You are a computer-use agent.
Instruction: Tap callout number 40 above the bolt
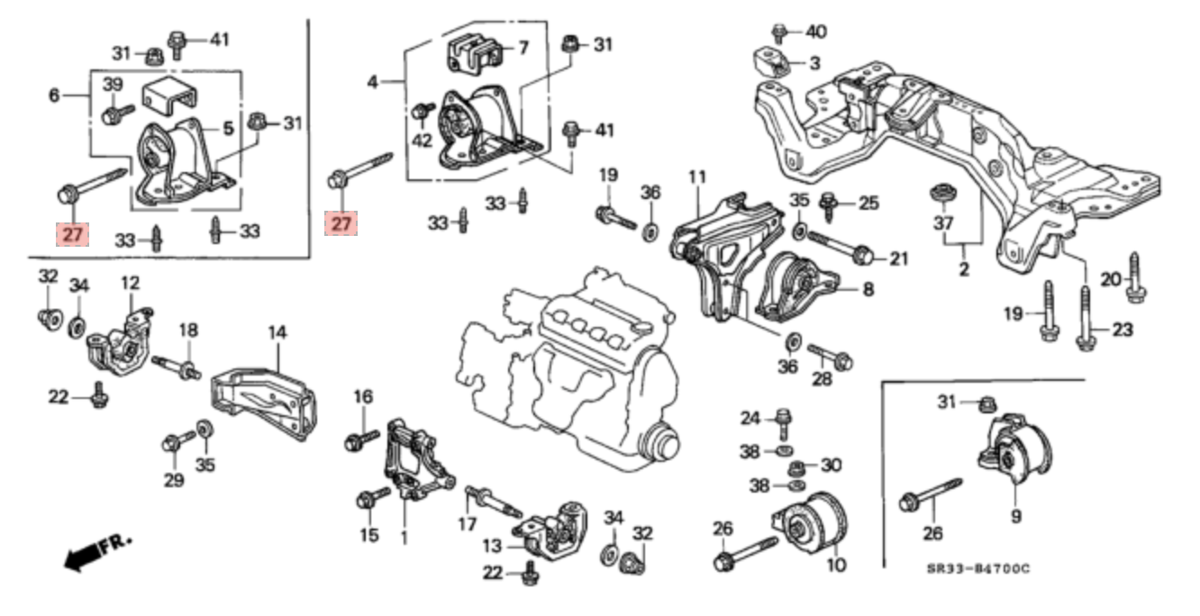pyautogui.click(x=816, y=32)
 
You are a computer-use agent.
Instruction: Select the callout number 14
pyautogui.click(x=277, y=332)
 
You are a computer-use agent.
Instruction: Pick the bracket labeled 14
pyautogui.click(x=261, y=401)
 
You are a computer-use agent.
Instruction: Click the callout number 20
pyautogui.click(x=1111, y=279)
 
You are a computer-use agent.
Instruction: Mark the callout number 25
pyautogui.click(x=868, y=204)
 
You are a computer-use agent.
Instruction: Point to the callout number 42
pyautogui.click(x=423, y=140)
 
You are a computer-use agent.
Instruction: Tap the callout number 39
pyautogui.click(x=113, y=85)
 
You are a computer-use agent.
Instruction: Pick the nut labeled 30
pyautogui.click(x=796, y=467)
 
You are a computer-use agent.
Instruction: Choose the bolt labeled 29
pyautogui.click(x=175, y=442)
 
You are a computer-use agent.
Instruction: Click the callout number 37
pyautogui.click(x=943, y=222)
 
